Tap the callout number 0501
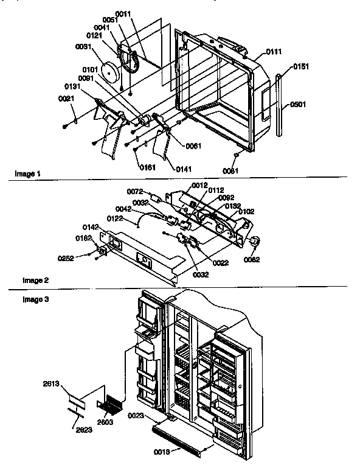[298, 104]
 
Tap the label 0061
[193, 145]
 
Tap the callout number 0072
[135, 192]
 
